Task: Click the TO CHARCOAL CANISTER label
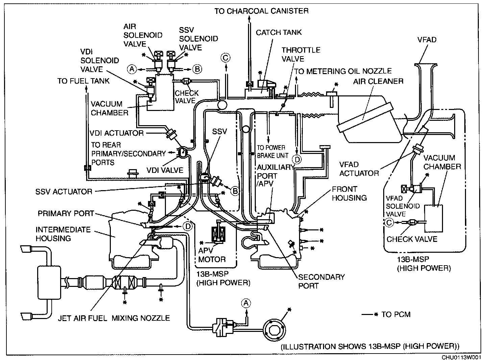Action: point(262,11)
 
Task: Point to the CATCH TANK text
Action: point(278,32)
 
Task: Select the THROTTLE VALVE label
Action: point(301,54)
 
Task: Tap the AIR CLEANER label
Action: point(378,82)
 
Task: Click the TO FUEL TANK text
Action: point(83,81)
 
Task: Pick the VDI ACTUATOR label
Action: point(117,133)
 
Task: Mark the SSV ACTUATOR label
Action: point(64,191)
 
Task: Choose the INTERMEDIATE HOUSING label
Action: point(63,234)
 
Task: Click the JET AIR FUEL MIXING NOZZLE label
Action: point(114,318)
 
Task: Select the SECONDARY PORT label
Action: point(321,281)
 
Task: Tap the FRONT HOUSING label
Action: point(349,194)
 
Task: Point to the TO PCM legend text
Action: point(396,315)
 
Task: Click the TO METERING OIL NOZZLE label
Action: point(343,71)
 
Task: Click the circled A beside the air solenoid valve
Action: point(132,69)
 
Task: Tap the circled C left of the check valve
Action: point(389,223)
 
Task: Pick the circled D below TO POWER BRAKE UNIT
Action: point(297,159)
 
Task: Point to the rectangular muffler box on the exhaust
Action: point(49,282)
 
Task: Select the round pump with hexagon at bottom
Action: point(274,330)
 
